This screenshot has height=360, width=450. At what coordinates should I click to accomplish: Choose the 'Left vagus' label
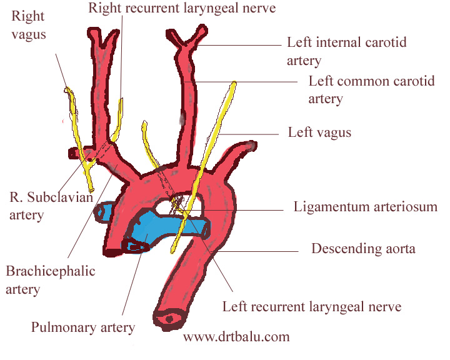(x=319, y=132)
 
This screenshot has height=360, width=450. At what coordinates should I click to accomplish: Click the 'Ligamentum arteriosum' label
(x=366, y=206)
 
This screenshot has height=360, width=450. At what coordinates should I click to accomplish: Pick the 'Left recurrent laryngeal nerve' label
(x=312, y=306)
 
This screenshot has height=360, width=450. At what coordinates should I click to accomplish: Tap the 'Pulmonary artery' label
(x=83, y=326)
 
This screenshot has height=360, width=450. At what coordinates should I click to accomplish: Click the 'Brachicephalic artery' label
(x=50, y=279)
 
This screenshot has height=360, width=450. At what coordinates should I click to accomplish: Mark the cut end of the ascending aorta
(x=113, y=251)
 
